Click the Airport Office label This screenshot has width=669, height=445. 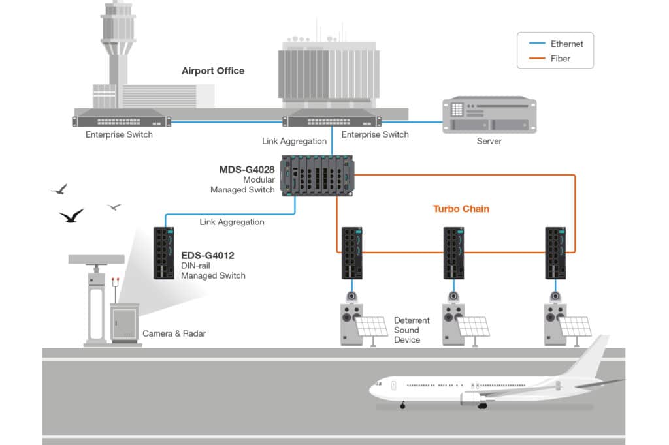point(213,70)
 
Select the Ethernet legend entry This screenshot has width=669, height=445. point(566,44)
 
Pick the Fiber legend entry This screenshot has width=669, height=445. point(560,59)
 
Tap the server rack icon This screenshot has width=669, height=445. point(489,115)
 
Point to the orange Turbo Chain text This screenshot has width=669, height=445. point(461,209)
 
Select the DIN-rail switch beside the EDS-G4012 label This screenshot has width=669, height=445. point(163,253)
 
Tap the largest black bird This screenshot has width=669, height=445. point(71,216)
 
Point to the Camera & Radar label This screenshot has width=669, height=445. point(174,334)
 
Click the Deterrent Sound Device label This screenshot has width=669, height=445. point(412,330)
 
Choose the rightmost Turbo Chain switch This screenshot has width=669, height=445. point(555,253)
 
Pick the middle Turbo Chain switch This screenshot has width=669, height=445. point(453,253)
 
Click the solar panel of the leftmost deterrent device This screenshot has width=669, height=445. point(371,326)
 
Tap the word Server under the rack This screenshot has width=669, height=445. point(489,141)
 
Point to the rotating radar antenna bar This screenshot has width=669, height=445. point(96,259)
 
